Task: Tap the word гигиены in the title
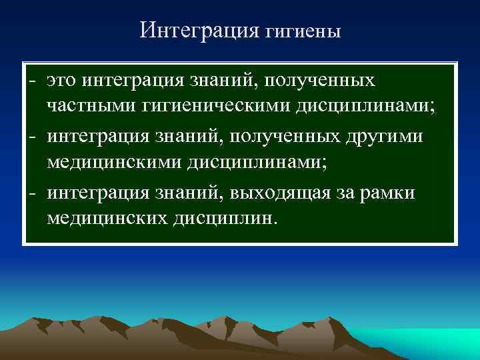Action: [x=303, y=32]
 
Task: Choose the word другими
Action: [x=387, y=136]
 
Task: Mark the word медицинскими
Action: [x=115, y=162]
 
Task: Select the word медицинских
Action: [x=108, y=218]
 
